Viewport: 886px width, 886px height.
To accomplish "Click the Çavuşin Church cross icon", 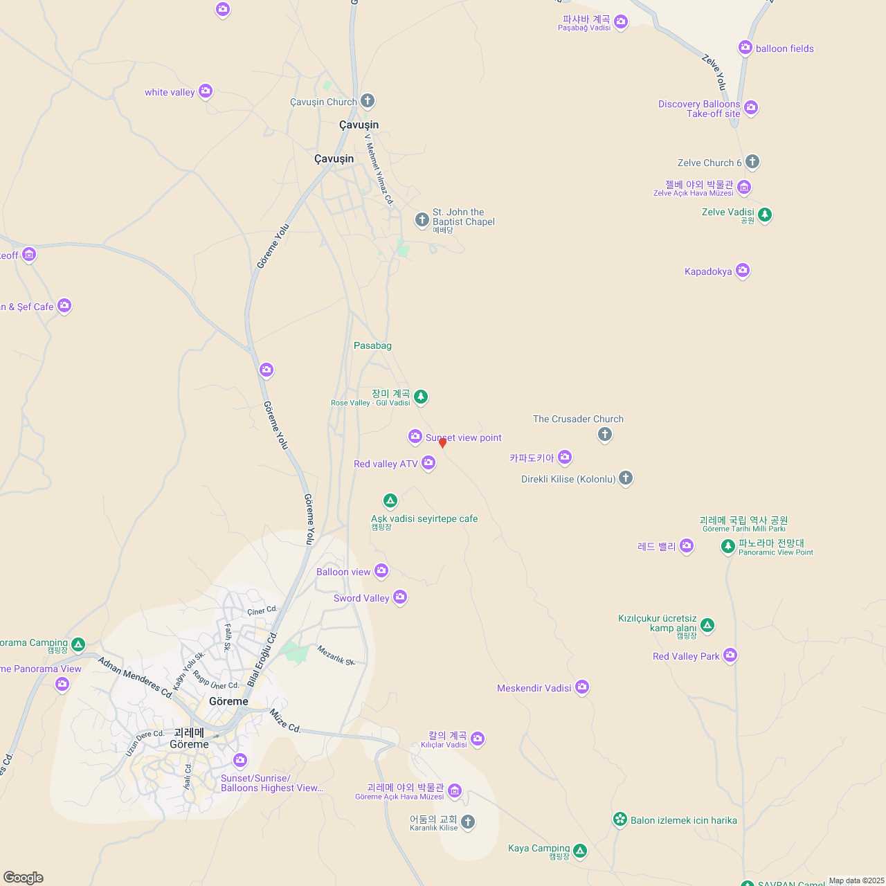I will (x=368, y=101).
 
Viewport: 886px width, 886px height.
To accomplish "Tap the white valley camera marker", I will (x=205, y=91).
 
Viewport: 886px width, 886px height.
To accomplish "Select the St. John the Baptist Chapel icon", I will (x=422, y=220).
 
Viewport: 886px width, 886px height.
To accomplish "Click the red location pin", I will (x=443, y=443).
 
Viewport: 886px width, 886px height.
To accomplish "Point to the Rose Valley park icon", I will (x=421, y=397).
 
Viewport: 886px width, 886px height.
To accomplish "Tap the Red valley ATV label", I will (x=386, y=464).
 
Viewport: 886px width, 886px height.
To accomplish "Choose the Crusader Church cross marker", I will (x=605, y=434).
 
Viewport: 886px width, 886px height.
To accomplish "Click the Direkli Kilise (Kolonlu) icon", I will (x=626, y=478).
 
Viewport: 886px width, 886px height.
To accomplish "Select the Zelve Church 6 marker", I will (x=752, y=162).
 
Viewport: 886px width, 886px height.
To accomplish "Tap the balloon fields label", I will (x=785, y=48).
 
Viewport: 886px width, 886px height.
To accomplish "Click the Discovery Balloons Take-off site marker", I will (x=751, y=108).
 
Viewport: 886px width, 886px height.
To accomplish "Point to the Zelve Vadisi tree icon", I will (x=765, y=215).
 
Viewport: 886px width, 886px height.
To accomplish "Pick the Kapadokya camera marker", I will (x=743, y=270).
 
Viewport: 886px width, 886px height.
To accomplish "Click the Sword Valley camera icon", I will (x=400, y=597).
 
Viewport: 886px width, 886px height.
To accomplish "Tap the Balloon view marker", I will (x=381, y=570).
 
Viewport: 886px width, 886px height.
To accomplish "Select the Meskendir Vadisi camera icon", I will (x=582, y=687).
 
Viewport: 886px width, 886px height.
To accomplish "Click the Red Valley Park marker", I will (x=730, y=655).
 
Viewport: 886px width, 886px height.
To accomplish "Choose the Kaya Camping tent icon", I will (x=580, y=850).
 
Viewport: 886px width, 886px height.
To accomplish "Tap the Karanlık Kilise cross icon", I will (x=468, y=822).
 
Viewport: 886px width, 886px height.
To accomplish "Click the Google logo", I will (x=24, y=878).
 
